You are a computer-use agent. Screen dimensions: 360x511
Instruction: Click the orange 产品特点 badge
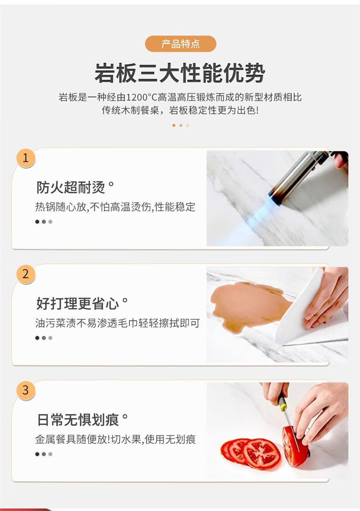pos(180,44)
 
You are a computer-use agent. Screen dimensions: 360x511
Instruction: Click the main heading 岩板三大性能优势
pos(180,73)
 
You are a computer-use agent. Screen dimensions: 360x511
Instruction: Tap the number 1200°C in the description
pos(142,97)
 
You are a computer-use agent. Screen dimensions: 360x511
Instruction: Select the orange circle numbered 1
pos(26,158)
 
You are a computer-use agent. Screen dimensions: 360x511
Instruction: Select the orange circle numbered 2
pos(26,274)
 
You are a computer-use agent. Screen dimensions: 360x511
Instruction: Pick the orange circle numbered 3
pos(26,390)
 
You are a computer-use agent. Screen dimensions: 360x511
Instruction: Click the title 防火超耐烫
pos(71,187)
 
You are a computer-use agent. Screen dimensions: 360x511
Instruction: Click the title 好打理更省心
pos(77,303)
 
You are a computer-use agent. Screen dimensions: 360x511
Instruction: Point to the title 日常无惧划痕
pos(77,419)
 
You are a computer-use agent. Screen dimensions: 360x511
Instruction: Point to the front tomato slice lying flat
pos(262,454)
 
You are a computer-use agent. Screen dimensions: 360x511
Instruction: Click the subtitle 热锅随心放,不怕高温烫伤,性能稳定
pos(115,207)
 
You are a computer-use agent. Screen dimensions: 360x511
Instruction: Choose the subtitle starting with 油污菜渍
pos(118,323)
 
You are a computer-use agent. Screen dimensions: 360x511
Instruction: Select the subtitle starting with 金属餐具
pos(115,439)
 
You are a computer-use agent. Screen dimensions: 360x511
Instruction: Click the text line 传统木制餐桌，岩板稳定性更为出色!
pos(180,110)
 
